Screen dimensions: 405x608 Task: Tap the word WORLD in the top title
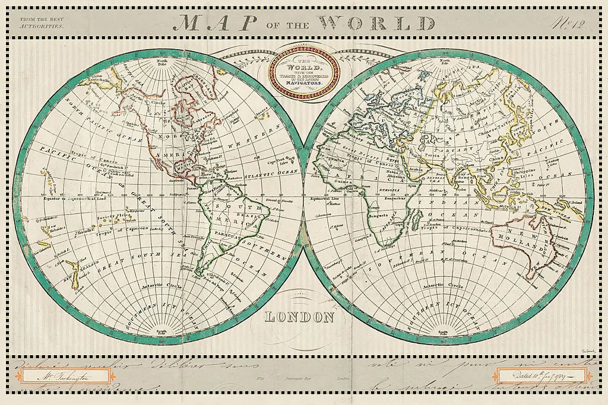[x=376, y=22]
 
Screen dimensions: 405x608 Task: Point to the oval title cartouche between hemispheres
[x=305, y=74]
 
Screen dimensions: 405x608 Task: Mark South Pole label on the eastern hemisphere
[x=444, y=334]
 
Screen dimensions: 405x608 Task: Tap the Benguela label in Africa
[x=378, y=215]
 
